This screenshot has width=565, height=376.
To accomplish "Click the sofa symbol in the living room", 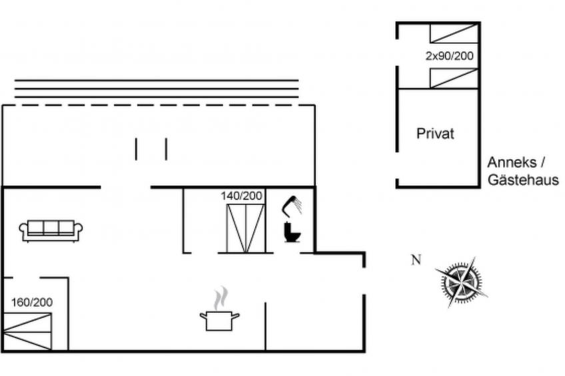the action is pos(51,231).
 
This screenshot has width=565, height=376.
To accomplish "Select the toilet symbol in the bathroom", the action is pos(292,232).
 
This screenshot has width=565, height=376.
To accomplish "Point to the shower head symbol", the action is pos(292,206).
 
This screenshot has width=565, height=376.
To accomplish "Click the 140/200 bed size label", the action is pos(241,196).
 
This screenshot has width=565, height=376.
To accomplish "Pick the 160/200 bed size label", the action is pos(32,302).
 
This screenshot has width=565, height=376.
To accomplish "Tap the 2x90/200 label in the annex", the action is pos(449,56).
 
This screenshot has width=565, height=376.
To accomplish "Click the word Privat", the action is pos(435,134).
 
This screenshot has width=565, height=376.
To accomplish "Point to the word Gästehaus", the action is pos(523,180).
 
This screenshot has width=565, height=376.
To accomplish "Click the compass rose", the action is pos(462,282).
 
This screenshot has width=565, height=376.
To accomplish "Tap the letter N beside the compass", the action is pos(416,260).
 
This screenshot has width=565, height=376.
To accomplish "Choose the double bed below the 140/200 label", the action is pos(246,228).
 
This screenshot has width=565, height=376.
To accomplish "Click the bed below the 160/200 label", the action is pos(27,331).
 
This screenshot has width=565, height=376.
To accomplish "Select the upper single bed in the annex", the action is pos(454,33).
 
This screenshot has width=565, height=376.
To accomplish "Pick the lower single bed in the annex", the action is pos(454,79).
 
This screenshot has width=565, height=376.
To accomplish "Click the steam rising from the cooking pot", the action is pos(221,298).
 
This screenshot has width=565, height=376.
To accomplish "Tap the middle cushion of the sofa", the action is pos(51,228).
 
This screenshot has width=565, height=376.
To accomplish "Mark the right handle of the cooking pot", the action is pos(235,316).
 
